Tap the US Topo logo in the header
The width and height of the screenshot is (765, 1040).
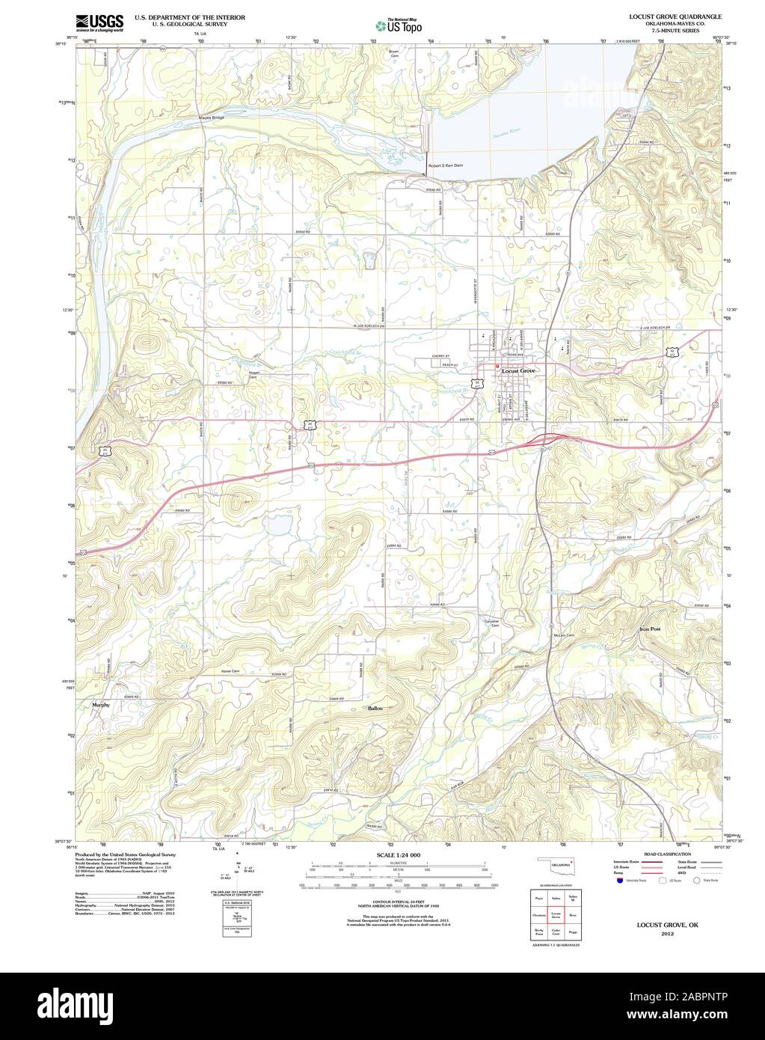pyautogui.click(x=399, y=25)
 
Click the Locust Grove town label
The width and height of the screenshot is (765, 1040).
pyautogui.click(x=518, y=371)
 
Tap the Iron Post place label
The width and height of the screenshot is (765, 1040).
pyautogui.click(x=650, y=629)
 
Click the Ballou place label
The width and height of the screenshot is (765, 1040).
pyautogui.click(x=375, y=707)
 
